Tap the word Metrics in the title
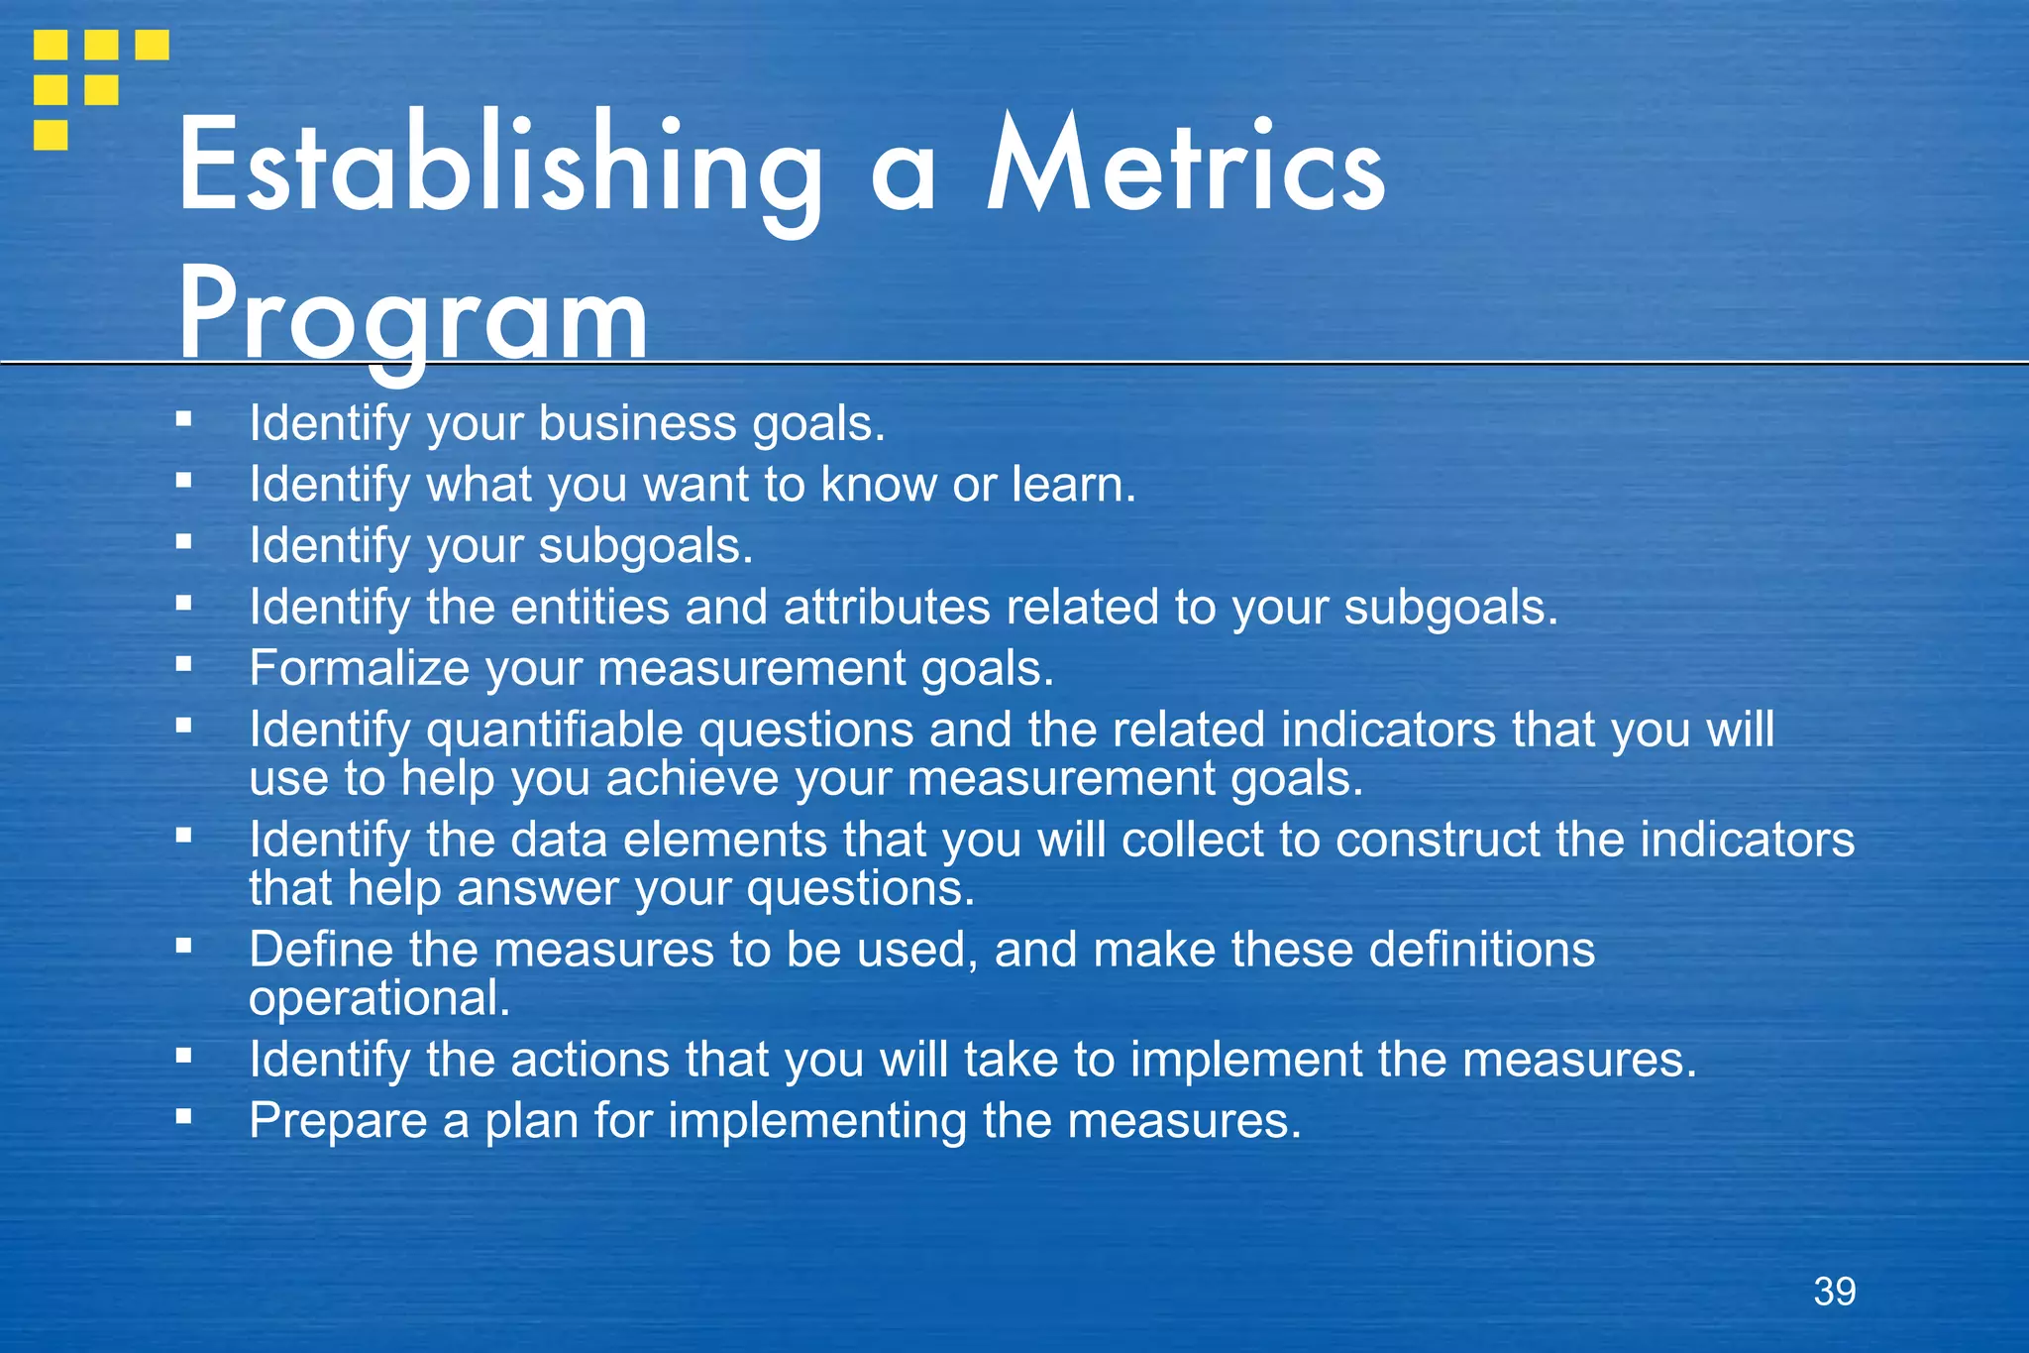click(x=1186, y=165)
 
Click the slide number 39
click(x=1835, y=1292)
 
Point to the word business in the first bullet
click(x=637, y=424)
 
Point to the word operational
click(x=378, y=998)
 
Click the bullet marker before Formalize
click(x=183, y=665)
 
